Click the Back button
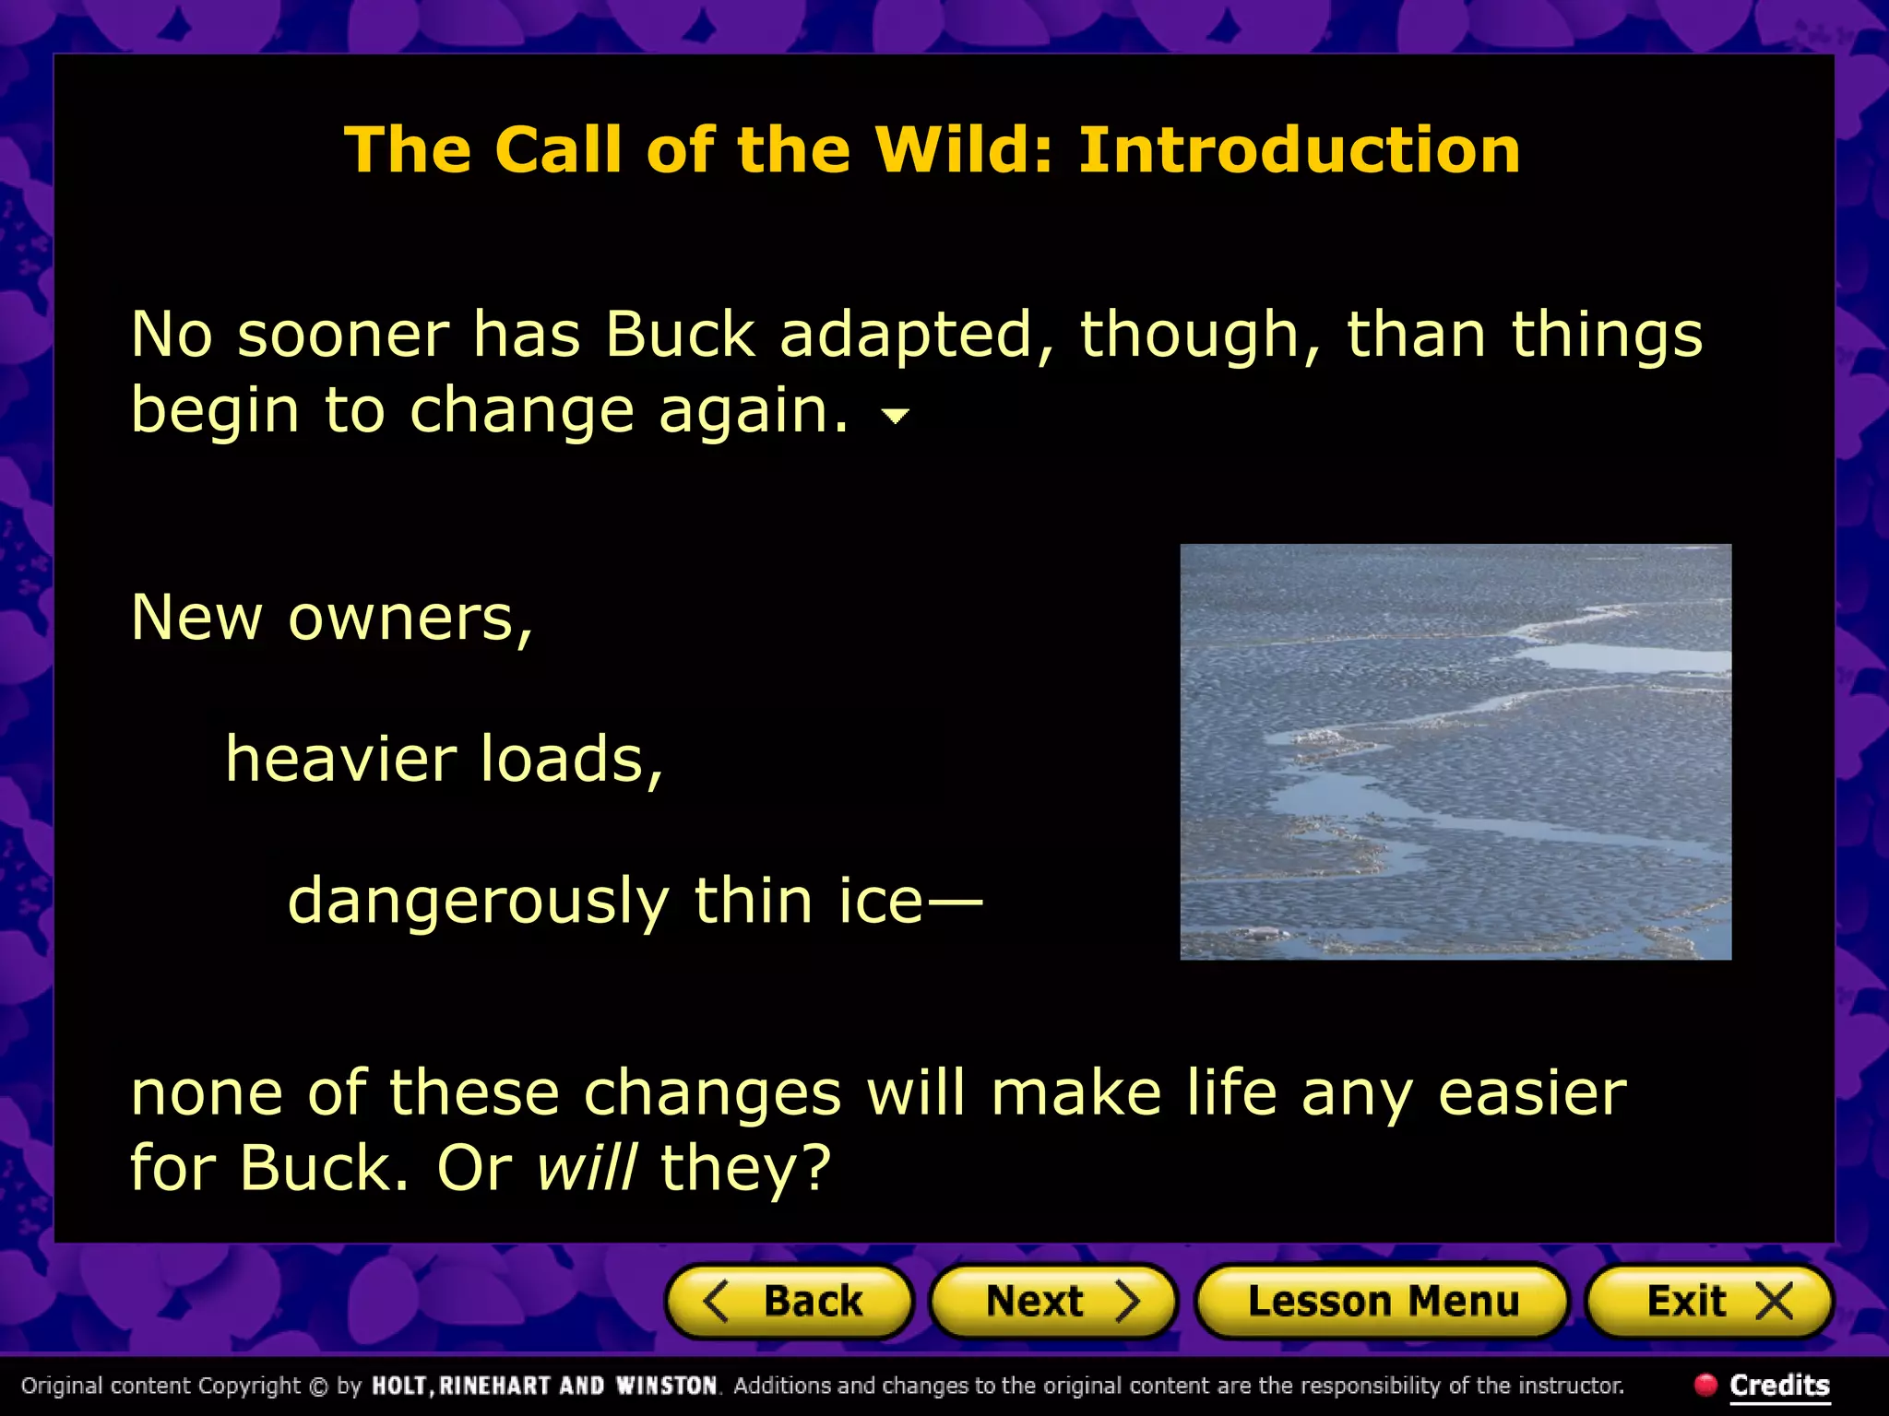click(790, 1302)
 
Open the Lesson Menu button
click(1382, 1302)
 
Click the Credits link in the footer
click(1779, 1385)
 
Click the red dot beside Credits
click(1705, 1384)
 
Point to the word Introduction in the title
click(1299, 149)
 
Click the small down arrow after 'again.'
click(895, 417)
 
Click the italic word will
click(587, 1167)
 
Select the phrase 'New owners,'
click(331, 617)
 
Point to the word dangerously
click(478, 902)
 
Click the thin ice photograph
click(1455, 751)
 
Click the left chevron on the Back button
click(717, 1302)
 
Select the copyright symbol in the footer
click(319, 1386)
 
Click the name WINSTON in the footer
click(666, 1386)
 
